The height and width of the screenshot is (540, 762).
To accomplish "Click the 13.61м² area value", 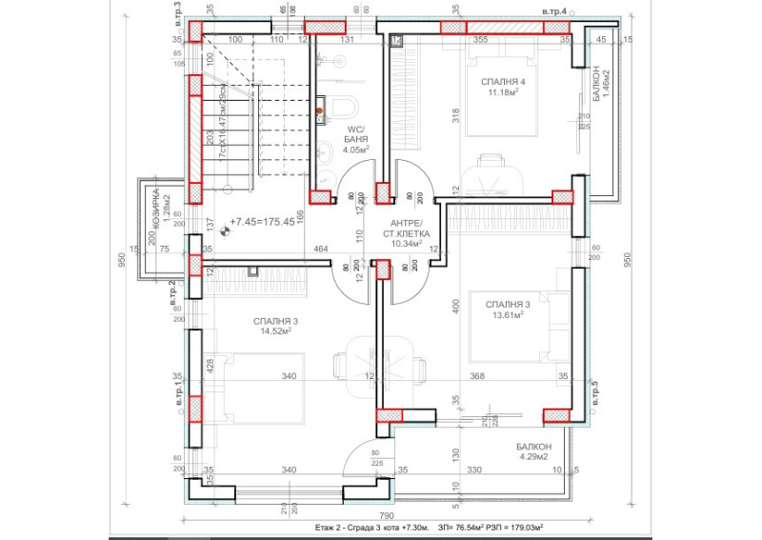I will pos(510,315).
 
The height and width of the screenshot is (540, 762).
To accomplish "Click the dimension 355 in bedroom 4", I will pos(480,40).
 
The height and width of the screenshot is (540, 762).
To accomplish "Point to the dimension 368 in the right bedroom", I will pos(477,376).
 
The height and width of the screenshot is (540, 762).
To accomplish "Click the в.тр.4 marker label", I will pos(553,10).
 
